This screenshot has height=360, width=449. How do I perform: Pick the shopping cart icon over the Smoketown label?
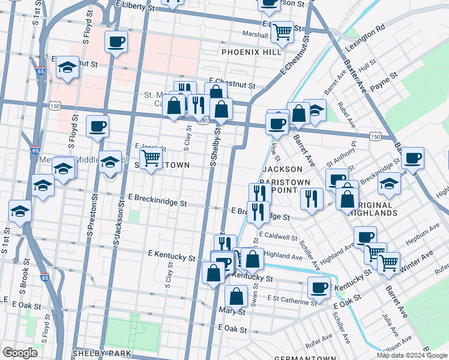(x=151, y=158)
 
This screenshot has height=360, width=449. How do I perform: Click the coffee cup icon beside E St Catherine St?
(x=319, y=287)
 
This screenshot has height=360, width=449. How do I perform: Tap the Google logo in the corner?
(x=20, y=353)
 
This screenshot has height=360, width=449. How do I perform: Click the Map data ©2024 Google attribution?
(x=412, y=355)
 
